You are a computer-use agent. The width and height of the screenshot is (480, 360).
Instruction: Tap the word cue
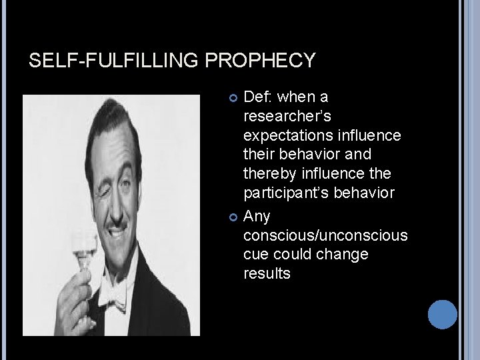[x=255, y=255]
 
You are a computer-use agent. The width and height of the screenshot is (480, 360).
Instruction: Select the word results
[x=267, y=274]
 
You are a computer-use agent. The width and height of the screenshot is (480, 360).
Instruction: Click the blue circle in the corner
[x=441, y=314]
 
